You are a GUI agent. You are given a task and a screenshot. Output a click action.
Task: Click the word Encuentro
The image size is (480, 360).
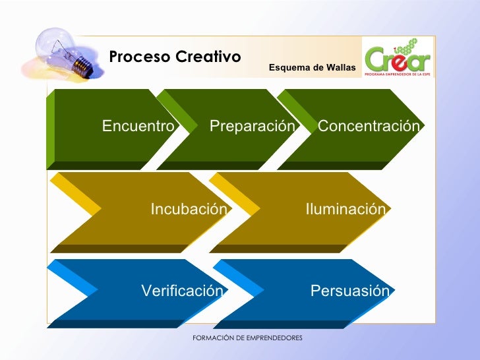(138, 126)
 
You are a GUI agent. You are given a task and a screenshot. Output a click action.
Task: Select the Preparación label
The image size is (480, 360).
(252, 126)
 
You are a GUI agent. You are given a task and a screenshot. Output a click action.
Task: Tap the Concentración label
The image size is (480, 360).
(369, 126)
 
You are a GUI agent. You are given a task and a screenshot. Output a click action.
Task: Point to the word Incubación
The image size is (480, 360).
(189, 210)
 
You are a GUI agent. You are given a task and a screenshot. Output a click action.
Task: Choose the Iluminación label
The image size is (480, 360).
(345, 210)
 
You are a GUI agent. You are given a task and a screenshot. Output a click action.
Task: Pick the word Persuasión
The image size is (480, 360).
(350, 291)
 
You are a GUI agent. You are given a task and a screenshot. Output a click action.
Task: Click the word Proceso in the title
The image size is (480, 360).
(131, 57)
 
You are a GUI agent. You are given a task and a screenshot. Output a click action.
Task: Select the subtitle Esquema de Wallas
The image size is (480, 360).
(312, 68)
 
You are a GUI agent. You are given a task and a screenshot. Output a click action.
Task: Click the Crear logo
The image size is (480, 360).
(398, 57)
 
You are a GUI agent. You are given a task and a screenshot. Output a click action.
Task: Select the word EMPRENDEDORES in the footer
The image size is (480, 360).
(272, 338)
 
